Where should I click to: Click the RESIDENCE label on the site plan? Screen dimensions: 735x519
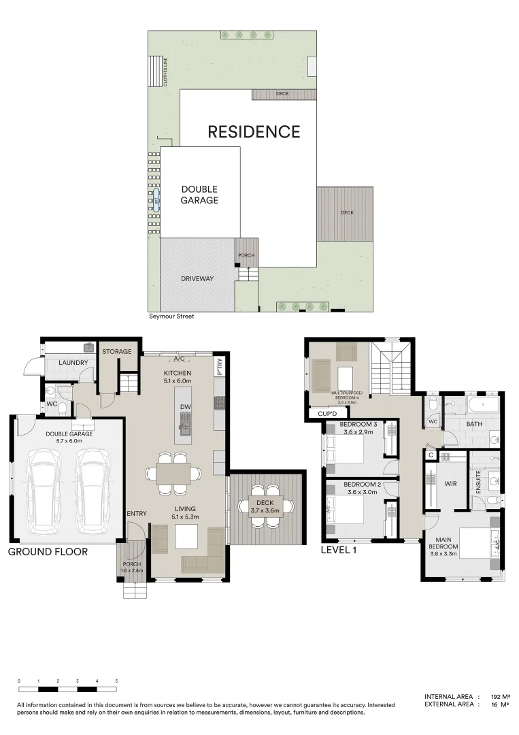[x=254, y=131]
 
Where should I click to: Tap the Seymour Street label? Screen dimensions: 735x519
[x=171, y=316]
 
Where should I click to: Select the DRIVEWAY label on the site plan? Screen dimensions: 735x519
[x=197, y=279]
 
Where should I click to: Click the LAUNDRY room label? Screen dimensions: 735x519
[x=73, y=363]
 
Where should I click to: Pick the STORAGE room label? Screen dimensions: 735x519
[x=117, y=352]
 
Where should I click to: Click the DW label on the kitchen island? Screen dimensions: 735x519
[x=184, y=407]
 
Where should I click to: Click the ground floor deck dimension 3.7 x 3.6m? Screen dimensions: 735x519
[x=265, y=510]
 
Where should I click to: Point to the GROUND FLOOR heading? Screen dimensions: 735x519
[x=48, y=552]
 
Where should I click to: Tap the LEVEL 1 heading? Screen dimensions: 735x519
[x=339, y=549]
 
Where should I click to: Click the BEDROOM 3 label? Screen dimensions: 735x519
[x=361, y=424]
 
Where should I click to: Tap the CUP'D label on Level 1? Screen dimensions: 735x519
[x=320, y=413]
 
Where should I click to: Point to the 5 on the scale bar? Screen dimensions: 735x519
[x=116, y=681]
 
